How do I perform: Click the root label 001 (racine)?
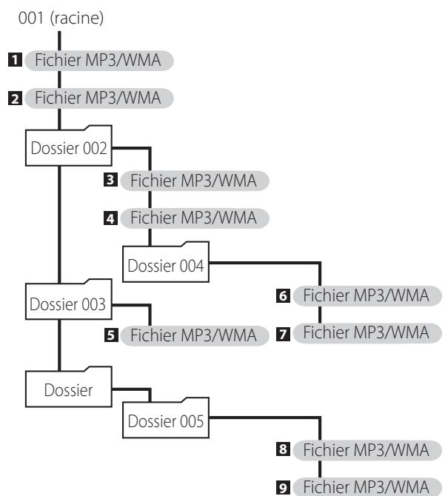(61, 18)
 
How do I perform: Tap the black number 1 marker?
(15, 60)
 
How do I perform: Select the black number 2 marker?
(15, 98)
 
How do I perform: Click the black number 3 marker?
(110, 180)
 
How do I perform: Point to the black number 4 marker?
(110, 218)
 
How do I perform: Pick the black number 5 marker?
(111, 335)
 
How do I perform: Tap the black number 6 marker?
(283, 296)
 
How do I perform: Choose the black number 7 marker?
(283, 334)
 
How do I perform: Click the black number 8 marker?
(283, 449)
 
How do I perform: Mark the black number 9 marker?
(283, 488)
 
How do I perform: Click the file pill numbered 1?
(99, 61)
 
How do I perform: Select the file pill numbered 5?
(195, 335)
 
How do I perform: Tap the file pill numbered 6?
(367, 296)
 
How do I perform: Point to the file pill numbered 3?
(195, 181)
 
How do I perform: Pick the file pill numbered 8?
(367, 450)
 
